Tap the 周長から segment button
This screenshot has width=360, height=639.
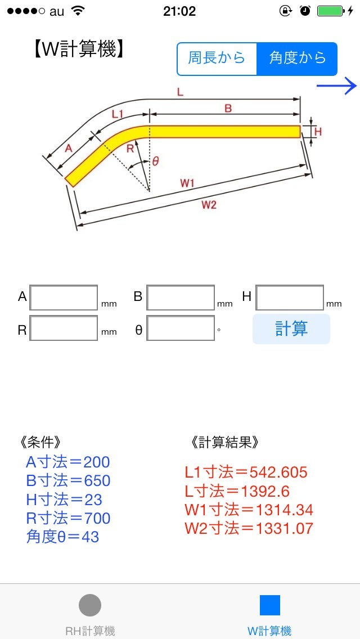pos(217,58)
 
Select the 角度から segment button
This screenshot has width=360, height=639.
pos(297,58)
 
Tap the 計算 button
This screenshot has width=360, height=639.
pos(291,329)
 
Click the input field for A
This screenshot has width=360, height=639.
pos(64,298)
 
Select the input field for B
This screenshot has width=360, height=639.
pos(181,298)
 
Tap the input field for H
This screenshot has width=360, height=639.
pos(290,298)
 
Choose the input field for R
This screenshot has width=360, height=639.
pos(64,328)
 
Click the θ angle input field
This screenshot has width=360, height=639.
pos(181,328)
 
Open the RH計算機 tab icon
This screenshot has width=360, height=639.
pos(90,605)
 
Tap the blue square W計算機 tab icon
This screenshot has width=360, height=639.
pos(269,605)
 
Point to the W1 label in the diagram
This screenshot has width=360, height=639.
pos(187,183)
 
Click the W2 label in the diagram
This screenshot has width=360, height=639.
pos(209,205)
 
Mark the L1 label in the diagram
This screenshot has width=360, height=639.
pos(118,114)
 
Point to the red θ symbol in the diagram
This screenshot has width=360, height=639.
pos(156,161)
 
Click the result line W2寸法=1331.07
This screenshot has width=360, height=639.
pos(249,528)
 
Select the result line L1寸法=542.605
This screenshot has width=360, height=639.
pos(246,472)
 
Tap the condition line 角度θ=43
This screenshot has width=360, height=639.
pos(62,537)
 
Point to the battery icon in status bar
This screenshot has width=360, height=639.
pos(330,11)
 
